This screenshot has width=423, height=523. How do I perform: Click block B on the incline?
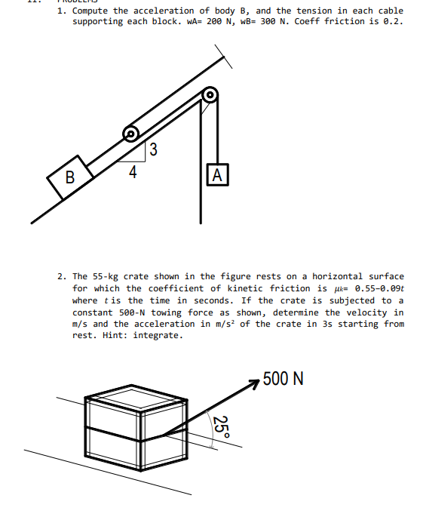coord(70,177)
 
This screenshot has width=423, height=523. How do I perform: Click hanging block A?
coord(218,174)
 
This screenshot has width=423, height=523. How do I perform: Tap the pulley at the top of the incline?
coord(210,95)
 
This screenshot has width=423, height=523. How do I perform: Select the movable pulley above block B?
coord(131,134)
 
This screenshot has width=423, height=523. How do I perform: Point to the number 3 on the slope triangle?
coord(153,149)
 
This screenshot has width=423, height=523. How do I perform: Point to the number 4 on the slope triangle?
coord(133,172)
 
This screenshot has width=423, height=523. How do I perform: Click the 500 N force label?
coord(283,379)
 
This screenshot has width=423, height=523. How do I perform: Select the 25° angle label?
coord(222,428)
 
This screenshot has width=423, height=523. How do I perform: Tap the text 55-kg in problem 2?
coord(106,276)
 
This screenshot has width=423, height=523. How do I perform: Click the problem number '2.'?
coord(62,276)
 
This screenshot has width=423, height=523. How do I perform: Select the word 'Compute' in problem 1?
coord(90,11)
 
